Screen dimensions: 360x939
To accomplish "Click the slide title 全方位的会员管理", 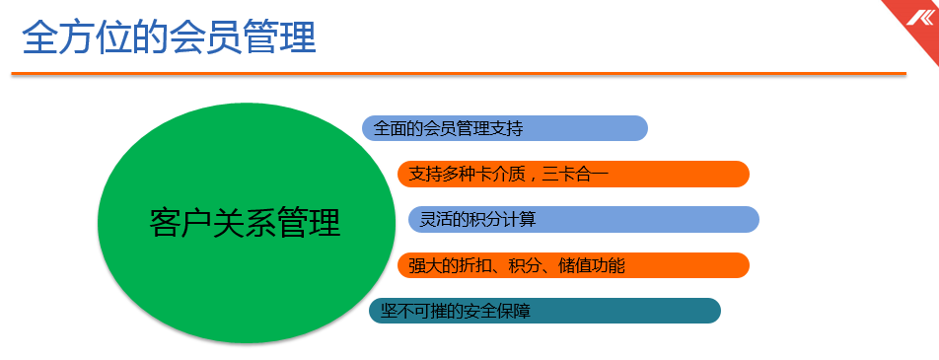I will click(x=169, y=37).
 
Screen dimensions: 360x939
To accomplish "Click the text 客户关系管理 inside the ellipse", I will click(x=246, y=222).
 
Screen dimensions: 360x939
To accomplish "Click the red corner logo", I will click(x=920, y=17).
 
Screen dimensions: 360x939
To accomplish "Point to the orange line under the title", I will click(x=459, y=73).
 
